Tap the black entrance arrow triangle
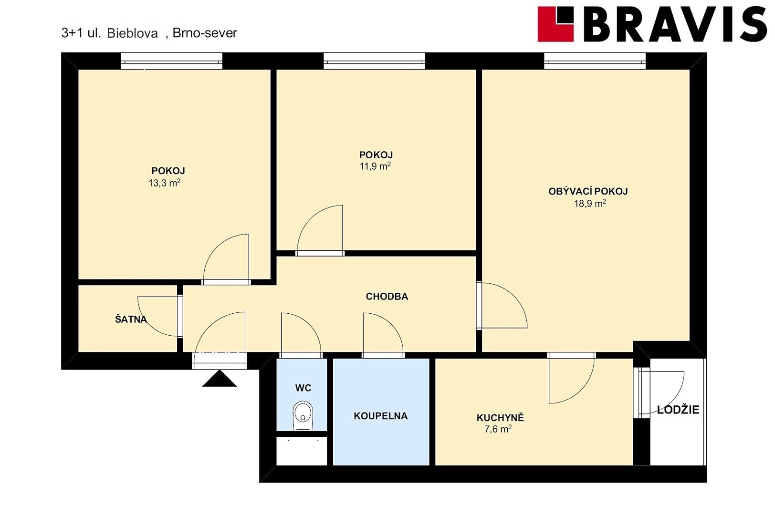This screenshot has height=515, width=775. click(220, 379)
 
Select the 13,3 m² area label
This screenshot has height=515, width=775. click(164, 183)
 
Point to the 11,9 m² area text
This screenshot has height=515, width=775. click(375, 166)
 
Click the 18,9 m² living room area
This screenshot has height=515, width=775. click(590, 204)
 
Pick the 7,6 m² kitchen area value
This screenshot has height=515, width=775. click(498, 429)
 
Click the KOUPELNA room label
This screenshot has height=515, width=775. click(381, 416)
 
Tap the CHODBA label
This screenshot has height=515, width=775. click(387, 296)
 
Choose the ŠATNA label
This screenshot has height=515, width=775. click(131, 319)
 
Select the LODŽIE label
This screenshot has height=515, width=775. click(678, 409)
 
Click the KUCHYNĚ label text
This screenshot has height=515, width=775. click(500, 417)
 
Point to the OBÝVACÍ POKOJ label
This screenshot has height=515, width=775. click(588, 191)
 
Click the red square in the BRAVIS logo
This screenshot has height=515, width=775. click(555, 24)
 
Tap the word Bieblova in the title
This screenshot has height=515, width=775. click(132, 33)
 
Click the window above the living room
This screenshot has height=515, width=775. click(595, 61)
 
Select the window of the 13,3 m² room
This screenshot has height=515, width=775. click(172, 61)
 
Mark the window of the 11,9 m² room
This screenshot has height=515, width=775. click(374, 61)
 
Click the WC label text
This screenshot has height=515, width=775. click(303, 388)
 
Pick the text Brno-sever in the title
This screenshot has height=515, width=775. click(205, 33)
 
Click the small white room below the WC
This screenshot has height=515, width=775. click(302, 451)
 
